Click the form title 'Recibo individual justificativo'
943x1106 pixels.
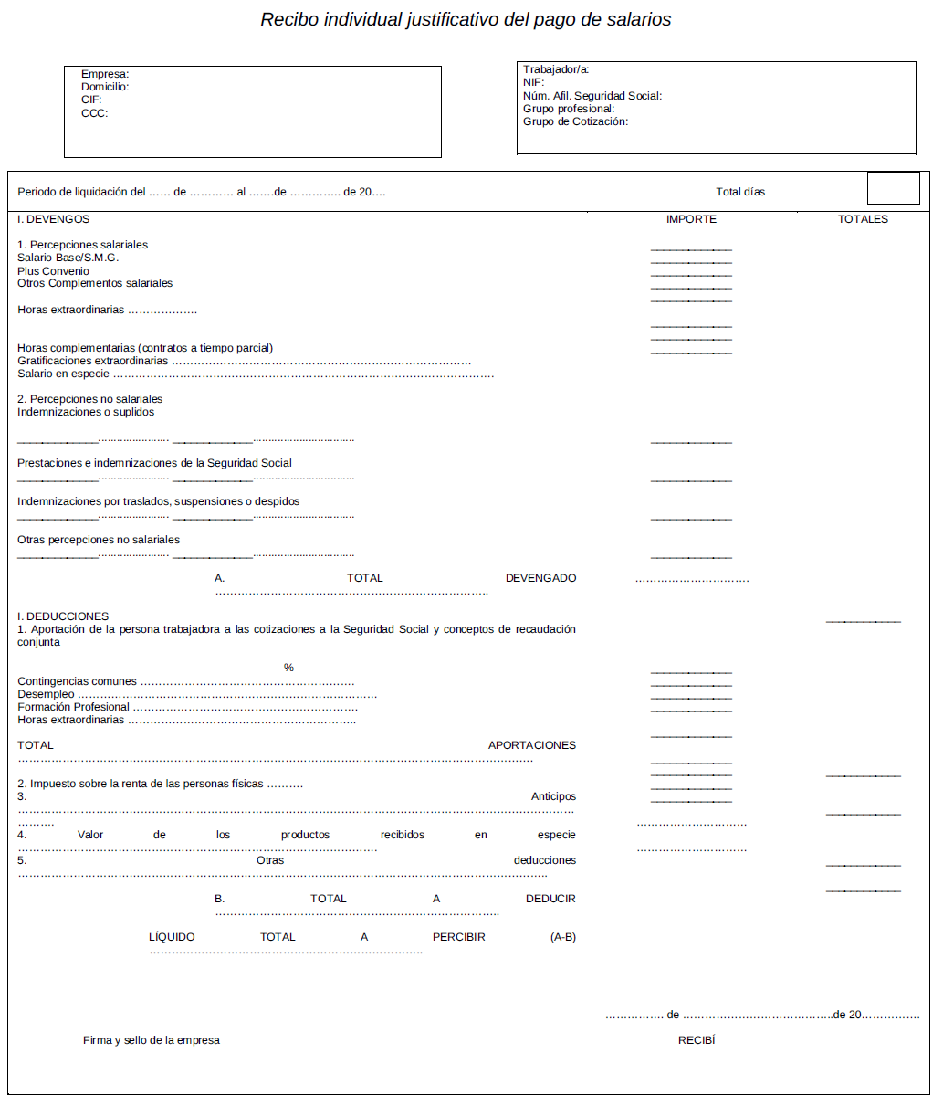466,19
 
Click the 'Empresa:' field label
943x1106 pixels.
105,74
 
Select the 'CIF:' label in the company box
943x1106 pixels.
91,100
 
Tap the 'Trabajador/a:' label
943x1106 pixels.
556,69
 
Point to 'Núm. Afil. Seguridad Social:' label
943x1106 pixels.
592,96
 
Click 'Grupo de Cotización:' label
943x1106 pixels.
575,121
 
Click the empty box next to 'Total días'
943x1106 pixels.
893,188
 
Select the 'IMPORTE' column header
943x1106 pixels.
691,219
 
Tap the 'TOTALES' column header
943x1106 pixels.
863,219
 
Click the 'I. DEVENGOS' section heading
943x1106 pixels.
54,219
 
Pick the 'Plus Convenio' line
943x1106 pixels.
53,271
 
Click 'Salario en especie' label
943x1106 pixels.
63,374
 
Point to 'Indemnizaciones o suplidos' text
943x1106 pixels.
86,412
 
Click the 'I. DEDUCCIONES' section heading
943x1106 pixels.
63,616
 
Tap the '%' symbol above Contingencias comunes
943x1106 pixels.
288,668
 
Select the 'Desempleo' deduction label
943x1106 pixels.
46,694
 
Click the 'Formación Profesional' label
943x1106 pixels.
73,707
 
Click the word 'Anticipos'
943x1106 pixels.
553,796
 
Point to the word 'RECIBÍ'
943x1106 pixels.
697,1040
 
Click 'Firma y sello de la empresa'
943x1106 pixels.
152,1040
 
